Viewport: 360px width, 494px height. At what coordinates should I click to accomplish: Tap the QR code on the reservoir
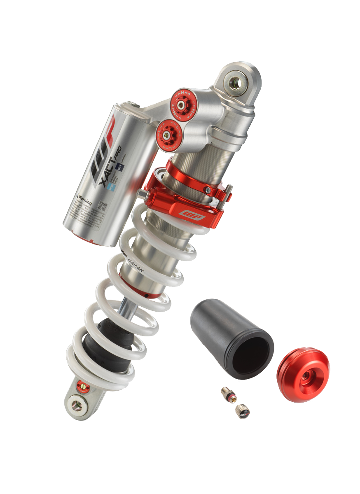pyautogui.click(x=101, y=205)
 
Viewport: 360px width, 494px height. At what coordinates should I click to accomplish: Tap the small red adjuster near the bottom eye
pyautogui.click(x=82, y=386)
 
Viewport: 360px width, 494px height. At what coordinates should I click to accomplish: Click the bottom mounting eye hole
pyautogui.click(x=77, y=405)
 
